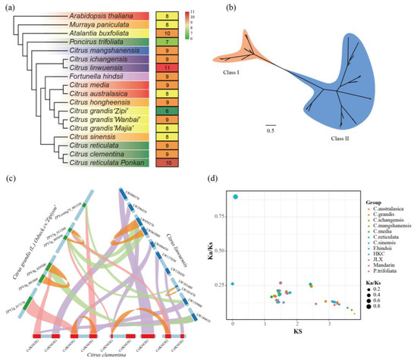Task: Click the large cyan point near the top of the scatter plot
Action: [236, 196]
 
